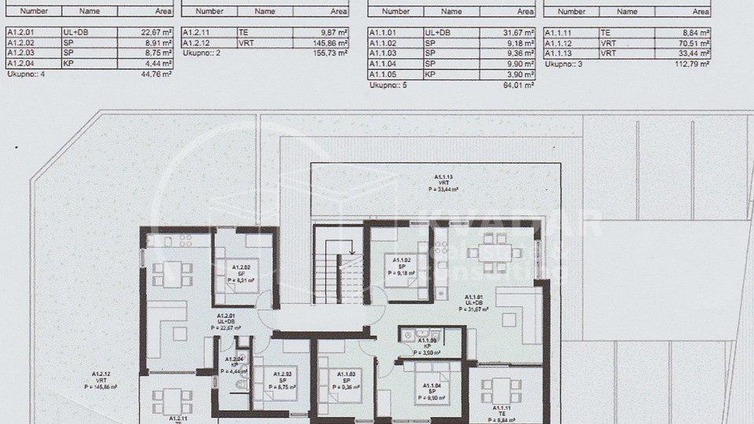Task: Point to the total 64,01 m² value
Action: [x=519, y=86]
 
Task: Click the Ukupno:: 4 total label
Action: [x=23, y=75]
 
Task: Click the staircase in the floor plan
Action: [x=339, y=271]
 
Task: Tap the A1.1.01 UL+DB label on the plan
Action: [x=474, y=302]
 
